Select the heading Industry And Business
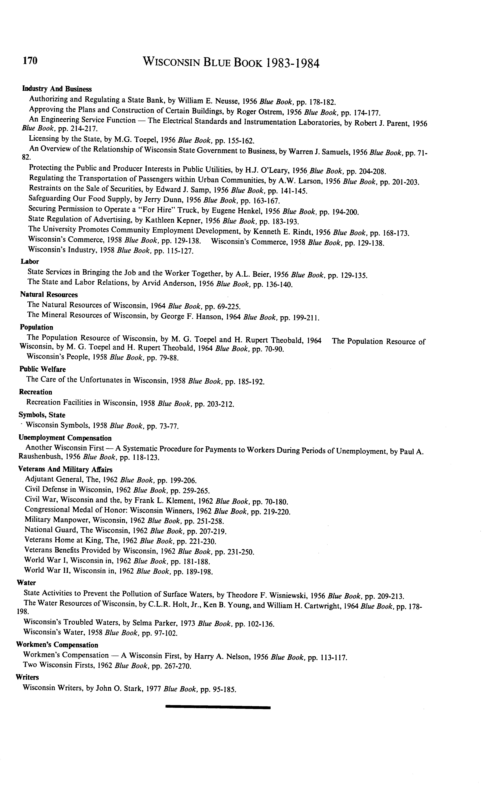[x=57, y=89]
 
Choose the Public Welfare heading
[x=42, y=369]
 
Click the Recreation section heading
[x=36, y=392]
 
